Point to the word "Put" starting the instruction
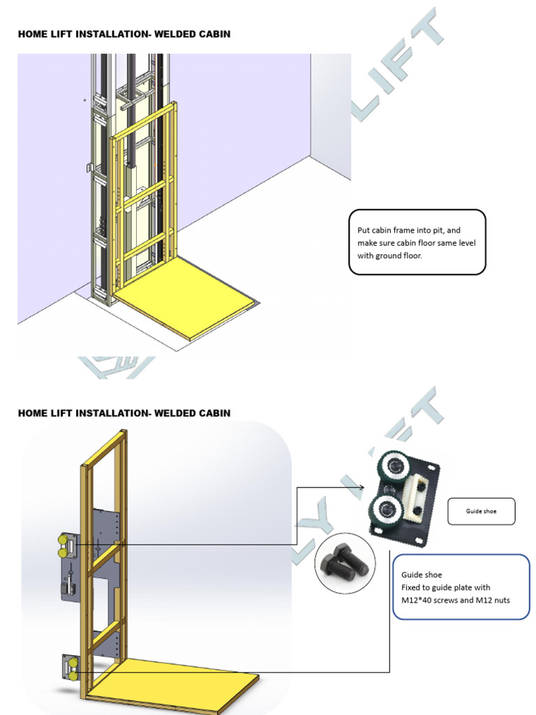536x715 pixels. click(x=364, y=230)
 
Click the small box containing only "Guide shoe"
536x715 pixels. click(x=481, y=511)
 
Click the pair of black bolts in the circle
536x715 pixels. click(x=345, y=563)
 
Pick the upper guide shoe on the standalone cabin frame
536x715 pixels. click(x=64, y=545)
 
